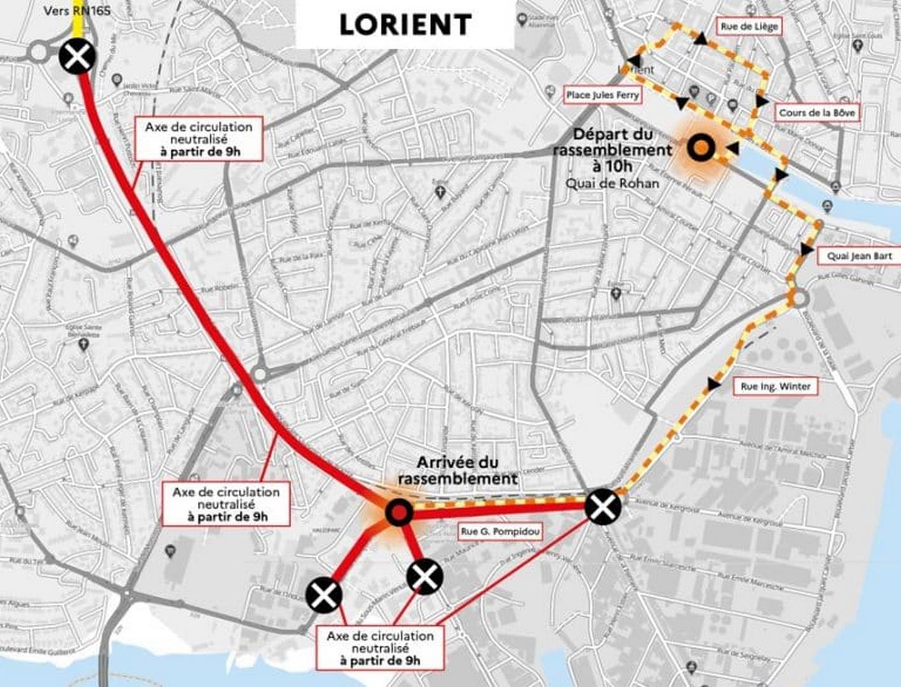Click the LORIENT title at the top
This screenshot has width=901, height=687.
pos(405,25)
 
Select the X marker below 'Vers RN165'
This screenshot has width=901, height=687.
pos(78,57)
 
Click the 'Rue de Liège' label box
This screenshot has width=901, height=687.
pos(749,27)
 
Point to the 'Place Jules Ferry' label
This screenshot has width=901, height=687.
pos(602,95)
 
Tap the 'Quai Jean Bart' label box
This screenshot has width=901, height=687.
pos(859,256)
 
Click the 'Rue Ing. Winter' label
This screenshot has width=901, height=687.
pos(775,386)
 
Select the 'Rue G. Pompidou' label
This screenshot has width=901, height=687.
pos(500,531)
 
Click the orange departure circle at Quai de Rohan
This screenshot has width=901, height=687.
pos(701,148)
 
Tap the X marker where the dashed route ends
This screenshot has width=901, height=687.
pos(602,506)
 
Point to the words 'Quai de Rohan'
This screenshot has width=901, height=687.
pos(612,183)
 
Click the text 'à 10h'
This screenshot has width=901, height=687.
pos(611,167)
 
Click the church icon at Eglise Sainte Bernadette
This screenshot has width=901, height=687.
pos(83,345)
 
